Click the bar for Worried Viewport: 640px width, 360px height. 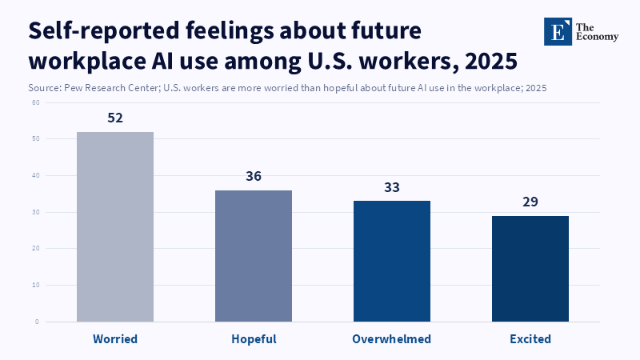click(x=114, y=226)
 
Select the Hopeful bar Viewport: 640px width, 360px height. click(x=254, y=256)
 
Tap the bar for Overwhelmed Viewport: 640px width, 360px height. click(x=392, y=261)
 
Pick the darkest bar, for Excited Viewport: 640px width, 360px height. click(x=530, y=268)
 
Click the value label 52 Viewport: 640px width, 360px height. click(x=114, y=118)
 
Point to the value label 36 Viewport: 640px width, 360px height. click(x=254, y=176)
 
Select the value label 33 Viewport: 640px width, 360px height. click(x=392, y=187)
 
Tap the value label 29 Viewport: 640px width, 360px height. click(x=530, y=202)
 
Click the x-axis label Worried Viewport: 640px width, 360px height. click(x=114, y=339)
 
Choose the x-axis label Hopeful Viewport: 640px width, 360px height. click(x=254, y=339)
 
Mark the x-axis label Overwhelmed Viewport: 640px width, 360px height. click(x=392, y=339)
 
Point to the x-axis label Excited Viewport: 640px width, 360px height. click(x=530, y=339)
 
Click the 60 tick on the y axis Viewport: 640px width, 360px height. click(x=36, y=102)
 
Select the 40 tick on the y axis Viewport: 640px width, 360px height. click(x=36, y=175)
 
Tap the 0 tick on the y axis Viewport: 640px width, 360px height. click(x=38, y=322)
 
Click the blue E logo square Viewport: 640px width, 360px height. click(x=558, y=31)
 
